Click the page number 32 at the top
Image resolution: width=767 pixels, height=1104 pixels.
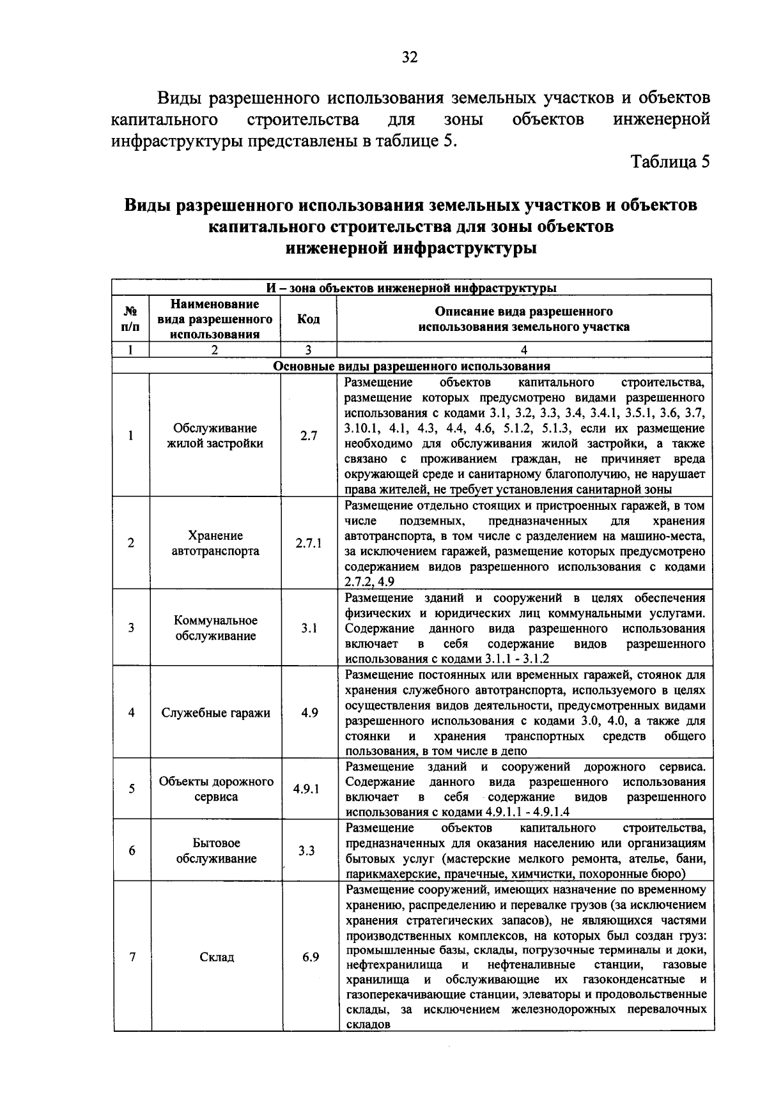(410, 57)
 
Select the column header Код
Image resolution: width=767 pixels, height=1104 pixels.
(309, 319)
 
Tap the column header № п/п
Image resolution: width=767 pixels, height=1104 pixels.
(130, 319)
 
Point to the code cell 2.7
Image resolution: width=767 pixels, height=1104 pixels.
(309, 436)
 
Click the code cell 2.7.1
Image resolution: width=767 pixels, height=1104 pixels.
(309, 543)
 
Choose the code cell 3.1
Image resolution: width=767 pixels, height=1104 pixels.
(309, 628)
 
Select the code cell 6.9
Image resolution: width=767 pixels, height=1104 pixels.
(310, 956)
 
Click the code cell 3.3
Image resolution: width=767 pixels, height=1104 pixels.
(306, 851)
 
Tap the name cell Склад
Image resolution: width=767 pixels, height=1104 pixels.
(216, 957)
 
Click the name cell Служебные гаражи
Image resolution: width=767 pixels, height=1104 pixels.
(216, 713)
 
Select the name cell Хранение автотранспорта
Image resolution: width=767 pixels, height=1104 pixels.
(216, 543)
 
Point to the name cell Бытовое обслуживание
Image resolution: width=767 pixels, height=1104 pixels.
(216, 851)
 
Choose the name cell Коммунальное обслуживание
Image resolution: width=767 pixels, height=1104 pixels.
(216, 628)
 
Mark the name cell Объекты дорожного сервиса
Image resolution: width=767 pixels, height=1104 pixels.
(216, 789)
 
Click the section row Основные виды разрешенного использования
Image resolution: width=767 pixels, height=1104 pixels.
(412, 367)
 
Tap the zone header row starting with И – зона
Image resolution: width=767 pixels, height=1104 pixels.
(412, 287)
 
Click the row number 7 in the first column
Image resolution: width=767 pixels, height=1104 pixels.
(132, 957)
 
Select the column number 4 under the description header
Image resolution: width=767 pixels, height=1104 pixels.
(524, 350)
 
